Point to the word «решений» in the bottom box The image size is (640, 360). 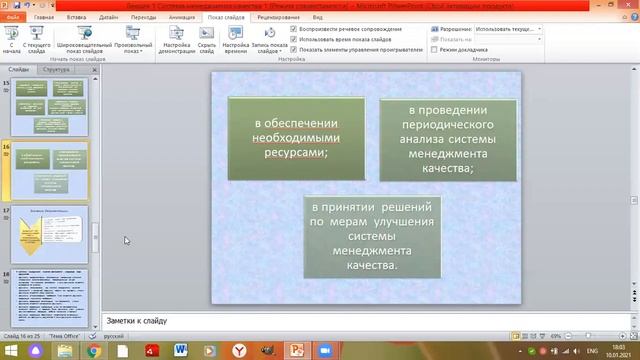pyautogui.click(x=402, y=207)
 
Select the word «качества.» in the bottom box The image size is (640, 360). pyautogui.click(x=372, y=266)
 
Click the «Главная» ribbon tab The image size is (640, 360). pyautogui.click(x=44, y=17)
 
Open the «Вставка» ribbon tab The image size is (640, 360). pyautogui.click(x=76, y=17)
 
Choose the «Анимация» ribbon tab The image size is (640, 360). pyautogui.click(x=182, y=17)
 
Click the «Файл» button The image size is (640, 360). pyautogui.click(x=14, y=17)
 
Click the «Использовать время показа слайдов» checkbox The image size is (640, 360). pyautogui.click(x=293, y=39)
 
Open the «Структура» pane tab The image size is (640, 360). pyautogui.click(x=57, y=70)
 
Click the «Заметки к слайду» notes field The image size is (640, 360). pyautogui.click(x=360, y=321)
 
